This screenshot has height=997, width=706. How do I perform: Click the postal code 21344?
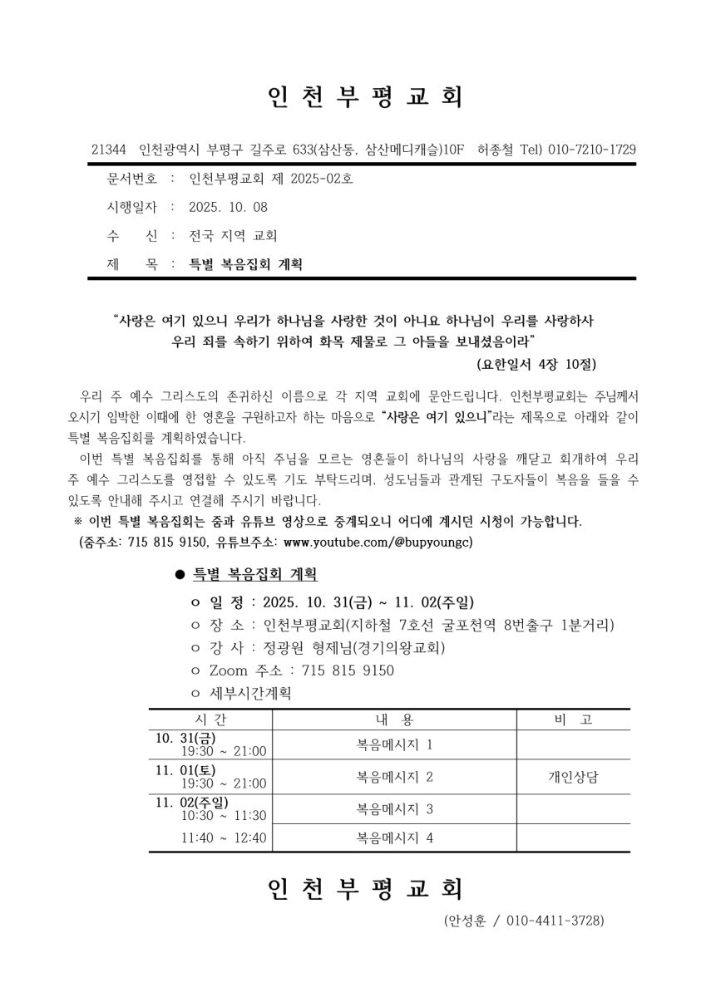click(108, 150)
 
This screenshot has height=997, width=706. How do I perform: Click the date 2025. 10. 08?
click(229, 207)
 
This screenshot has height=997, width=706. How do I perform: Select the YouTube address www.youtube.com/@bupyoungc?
click(378, 542)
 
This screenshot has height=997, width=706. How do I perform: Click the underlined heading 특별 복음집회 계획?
click(254, 574)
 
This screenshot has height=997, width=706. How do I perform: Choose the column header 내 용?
click(395, 720)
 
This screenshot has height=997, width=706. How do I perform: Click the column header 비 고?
click(574, 720)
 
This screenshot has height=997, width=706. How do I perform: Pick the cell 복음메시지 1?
click(395, 744)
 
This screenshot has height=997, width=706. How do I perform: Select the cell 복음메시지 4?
click(395, 837)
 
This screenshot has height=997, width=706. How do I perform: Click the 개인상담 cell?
click(574, 777)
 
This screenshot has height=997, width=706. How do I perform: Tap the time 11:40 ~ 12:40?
click(224, 837)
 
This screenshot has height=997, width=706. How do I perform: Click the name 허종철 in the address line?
click(496, 150)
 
